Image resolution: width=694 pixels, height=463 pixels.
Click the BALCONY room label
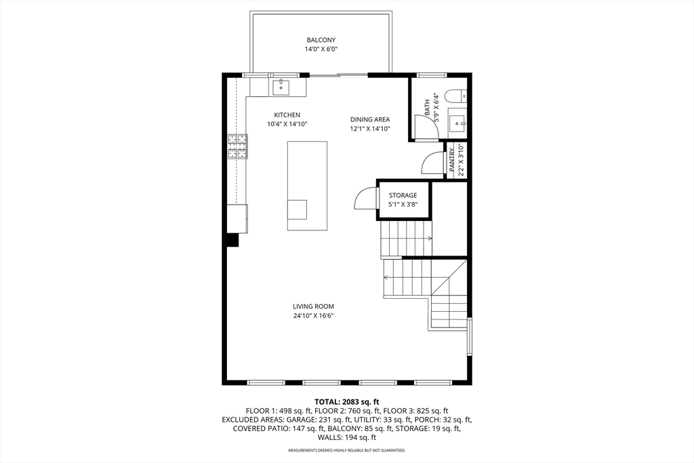click(x=321, y=40)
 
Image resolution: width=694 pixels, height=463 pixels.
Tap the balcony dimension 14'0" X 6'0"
click(x=321, y=49)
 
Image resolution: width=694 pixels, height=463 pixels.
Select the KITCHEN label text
click(x=287, y=115)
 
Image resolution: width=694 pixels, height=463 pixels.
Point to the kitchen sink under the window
click(x=281, y=87)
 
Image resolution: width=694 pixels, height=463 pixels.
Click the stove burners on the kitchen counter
click(x=237, y=146)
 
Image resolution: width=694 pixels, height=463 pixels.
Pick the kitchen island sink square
click(x=297, y=209)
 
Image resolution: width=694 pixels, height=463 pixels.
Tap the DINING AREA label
click(x=369, y=119)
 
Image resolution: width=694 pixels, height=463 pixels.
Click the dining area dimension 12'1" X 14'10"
click(x=369, y=129)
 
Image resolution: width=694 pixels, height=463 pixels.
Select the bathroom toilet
click(x=458, y=96)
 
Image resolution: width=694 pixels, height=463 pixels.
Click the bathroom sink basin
click(x=459, y=123)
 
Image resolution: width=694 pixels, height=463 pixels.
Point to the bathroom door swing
click(x=426, y=126)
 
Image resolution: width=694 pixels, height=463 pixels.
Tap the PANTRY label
click(x=452, y=160)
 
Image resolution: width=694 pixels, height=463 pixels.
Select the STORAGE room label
click(x=403, y=195)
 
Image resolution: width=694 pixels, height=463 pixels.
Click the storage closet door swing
click(x=365, y=199)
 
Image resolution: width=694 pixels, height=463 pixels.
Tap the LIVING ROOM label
click(x=313, y=306)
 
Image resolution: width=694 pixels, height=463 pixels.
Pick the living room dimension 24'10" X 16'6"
click(x=313, y=316)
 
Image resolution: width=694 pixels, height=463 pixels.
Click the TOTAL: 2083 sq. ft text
click(x=346, y=402)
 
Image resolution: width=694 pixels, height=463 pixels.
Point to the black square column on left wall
click(x=232, y=240)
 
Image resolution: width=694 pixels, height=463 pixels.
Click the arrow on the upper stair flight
click(x=429, y=239)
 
